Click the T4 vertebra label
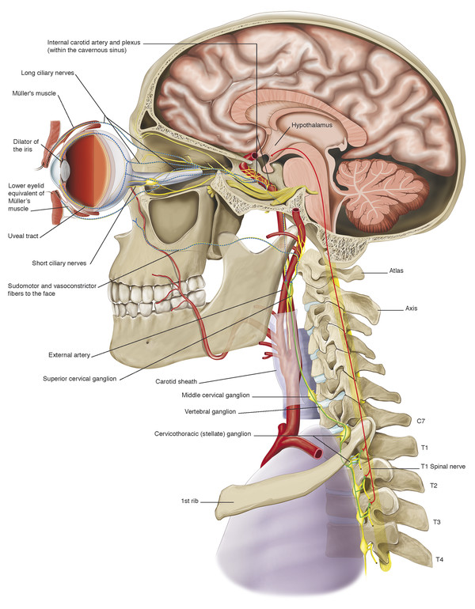tap(439, 560)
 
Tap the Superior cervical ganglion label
tap(80, 379)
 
